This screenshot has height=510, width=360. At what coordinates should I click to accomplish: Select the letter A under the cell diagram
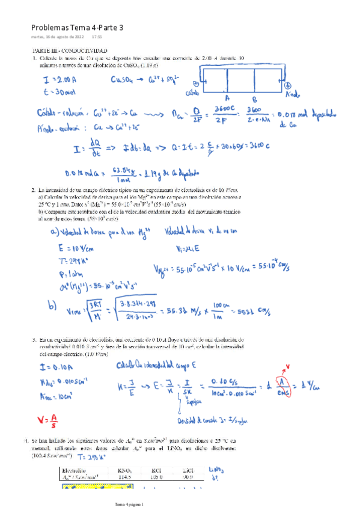(x=227, y=97)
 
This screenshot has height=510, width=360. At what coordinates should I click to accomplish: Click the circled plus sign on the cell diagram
(x=287, y=85)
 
